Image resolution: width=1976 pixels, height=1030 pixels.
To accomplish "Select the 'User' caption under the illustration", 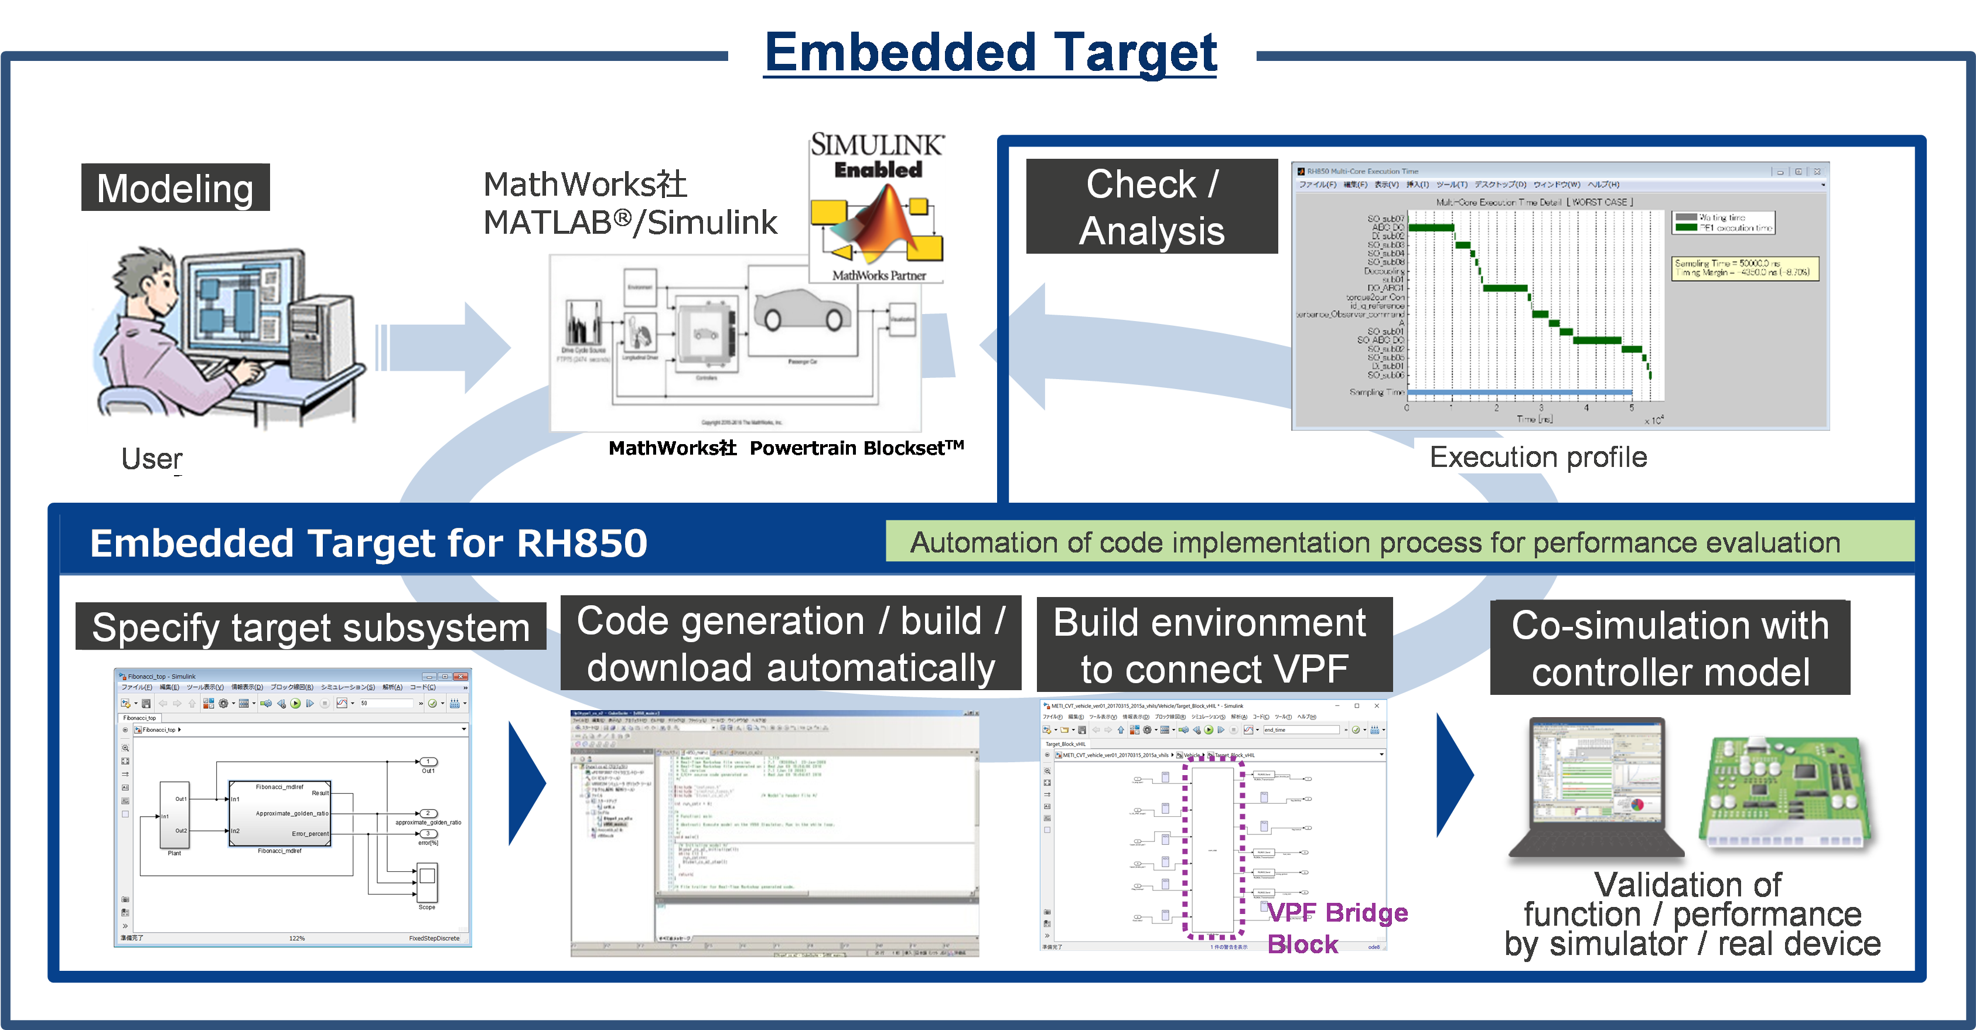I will (151, 459).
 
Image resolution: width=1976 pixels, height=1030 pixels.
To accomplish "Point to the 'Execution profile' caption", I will (1538, 457).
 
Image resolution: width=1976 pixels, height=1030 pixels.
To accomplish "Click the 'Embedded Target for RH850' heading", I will (368, 543).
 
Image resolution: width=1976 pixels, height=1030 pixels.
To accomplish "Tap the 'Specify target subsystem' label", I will (310, 628).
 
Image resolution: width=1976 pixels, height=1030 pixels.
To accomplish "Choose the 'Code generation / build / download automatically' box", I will (791, 644).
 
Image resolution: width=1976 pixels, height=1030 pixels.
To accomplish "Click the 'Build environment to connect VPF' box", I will (1213, 646).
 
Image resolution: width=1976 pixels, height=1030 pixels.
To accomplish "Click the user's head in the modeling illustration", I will (146, 280).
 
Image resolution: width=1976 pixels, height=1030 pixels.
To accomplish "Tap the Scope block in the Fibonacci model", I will (427, 883).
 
